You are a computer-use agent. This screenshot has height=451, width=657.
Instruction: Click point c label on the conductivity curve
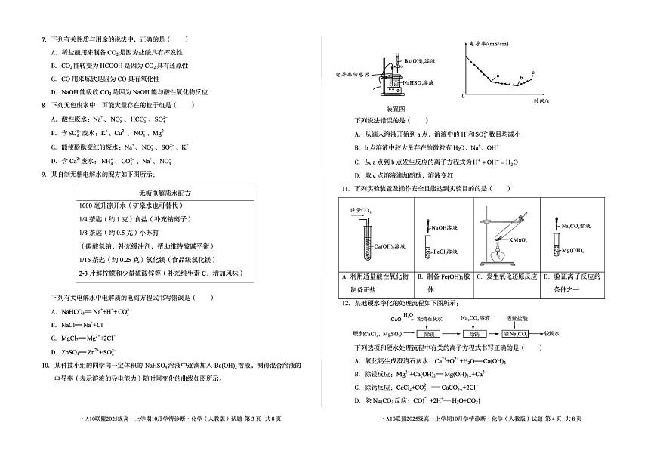532,72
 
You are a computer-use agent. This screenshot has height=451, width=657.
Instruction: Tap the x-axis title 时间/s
541,100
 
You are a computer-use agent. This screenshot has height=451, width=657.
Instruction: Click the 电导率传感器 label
354,75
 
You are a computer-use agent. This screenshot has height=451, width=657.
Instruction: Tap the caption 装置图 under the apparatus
396,109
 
